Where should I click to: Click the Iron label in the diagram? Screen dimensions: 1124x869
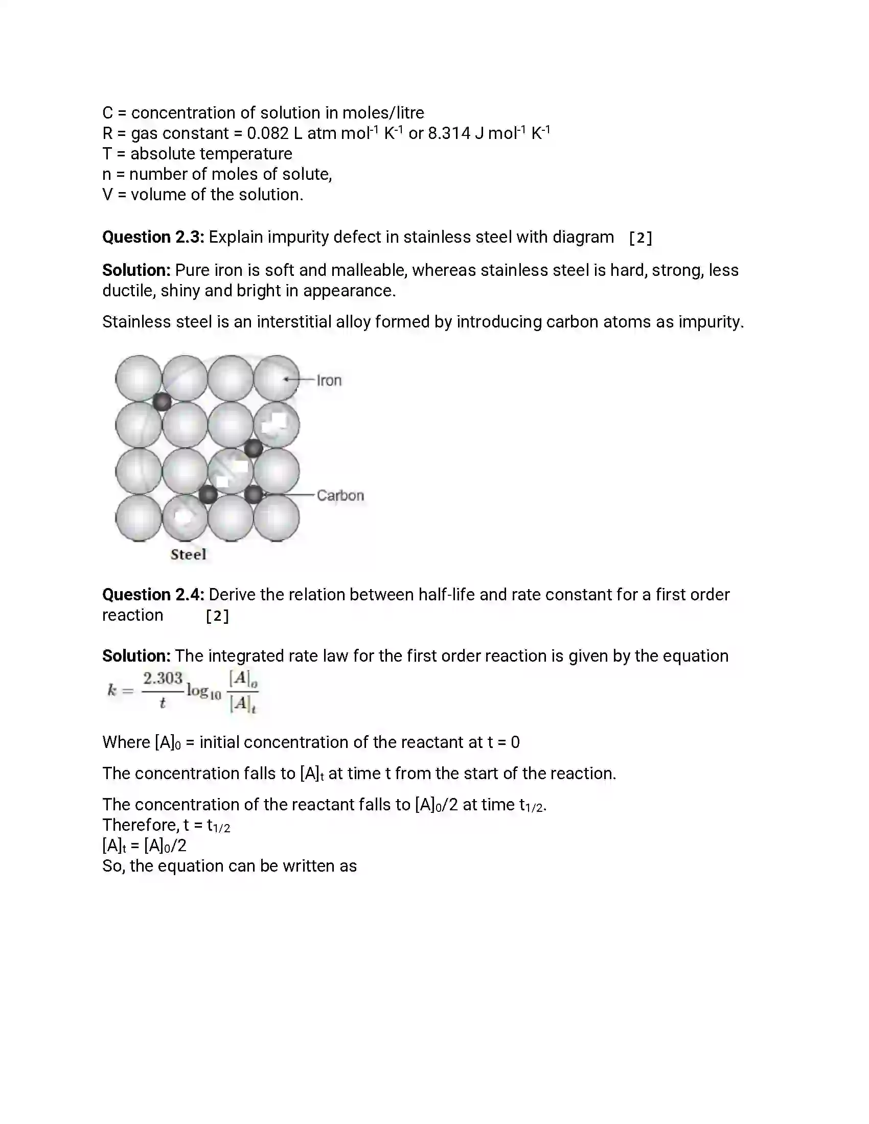[x=329, y=380]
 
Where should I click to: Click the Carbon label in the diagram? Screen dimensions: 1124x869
[x=340, y=495]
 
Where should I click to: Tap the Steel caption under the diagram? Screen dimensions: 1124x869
[x=189, y=554]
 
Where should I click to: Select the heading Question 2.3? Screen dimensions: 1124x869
[x=153, y=237]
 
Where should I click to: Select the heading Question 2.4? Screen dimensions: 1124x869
[x=153, y=595]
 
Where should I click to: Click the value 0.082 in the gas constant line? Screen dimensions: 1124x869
[x=268, y=133]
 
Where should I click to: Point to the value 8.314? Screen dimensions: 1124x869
[x=449, y=133]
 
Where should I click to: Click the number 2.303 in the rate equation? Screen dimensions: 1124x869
[x=163, y=678]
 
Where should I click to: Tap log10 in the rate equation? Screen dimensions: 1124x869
[x=203, y=692]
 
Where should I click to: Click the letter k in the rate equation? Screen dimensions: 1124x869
[x=112, y=690]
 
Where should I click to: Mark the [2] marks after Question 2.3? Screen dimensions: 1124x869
[x=641, y=238]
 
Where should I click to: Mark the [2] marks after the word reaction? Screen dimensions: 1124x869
[x=217, y=616]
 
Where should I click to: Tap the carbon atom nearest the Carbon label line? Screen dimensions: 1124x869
[x=253, y=495]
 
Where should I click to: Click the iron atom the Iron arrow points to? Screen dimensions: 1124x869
[x=277, y=378]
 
